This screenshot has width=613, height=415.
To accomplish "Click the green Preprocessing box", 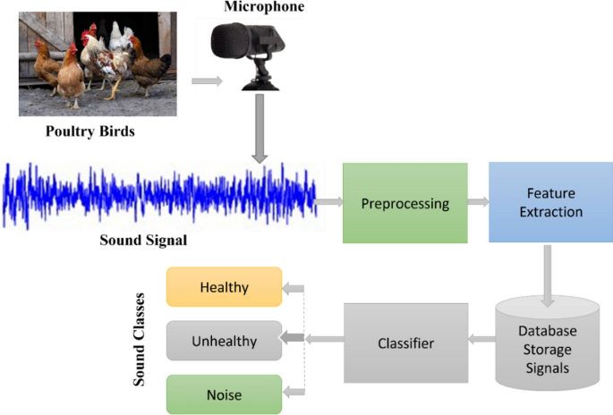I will [404, 203].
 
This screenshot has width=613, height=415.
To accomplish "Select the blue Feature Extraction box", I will [549, 203].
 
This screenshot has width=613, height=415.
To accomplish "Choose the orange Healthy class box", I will [224, 288].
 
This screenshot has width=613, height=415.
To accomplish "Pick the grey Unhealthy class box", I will [224, 341].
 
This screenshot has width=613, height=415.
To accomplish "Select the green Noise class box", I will [224, 394].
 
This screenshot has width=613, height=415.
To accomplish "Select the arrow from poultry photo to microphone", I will [205, 81].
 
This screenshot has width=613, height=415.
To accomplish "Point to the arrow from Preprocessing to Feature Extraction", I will [478, 203].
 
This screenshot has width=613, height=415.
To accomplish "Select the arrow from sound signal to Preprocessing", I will [329, 202].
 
